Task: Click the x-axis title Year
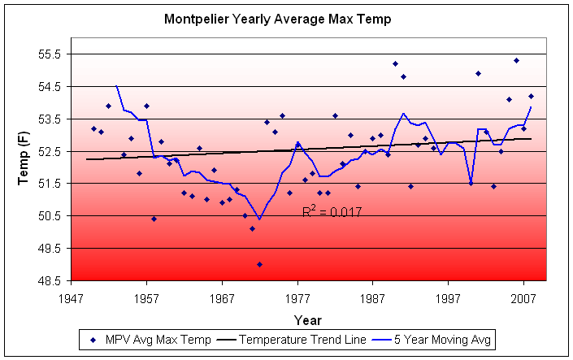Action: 307,319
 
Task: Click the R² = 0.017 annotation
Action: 332,212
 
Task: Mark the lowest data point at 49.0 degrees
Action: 260,264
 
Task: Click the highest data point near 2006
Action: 516,60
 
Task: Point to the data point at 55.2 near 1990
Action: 395,63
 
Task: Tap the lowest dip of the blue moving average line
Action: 259,219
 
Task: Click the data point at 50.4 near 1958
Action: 154,219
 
